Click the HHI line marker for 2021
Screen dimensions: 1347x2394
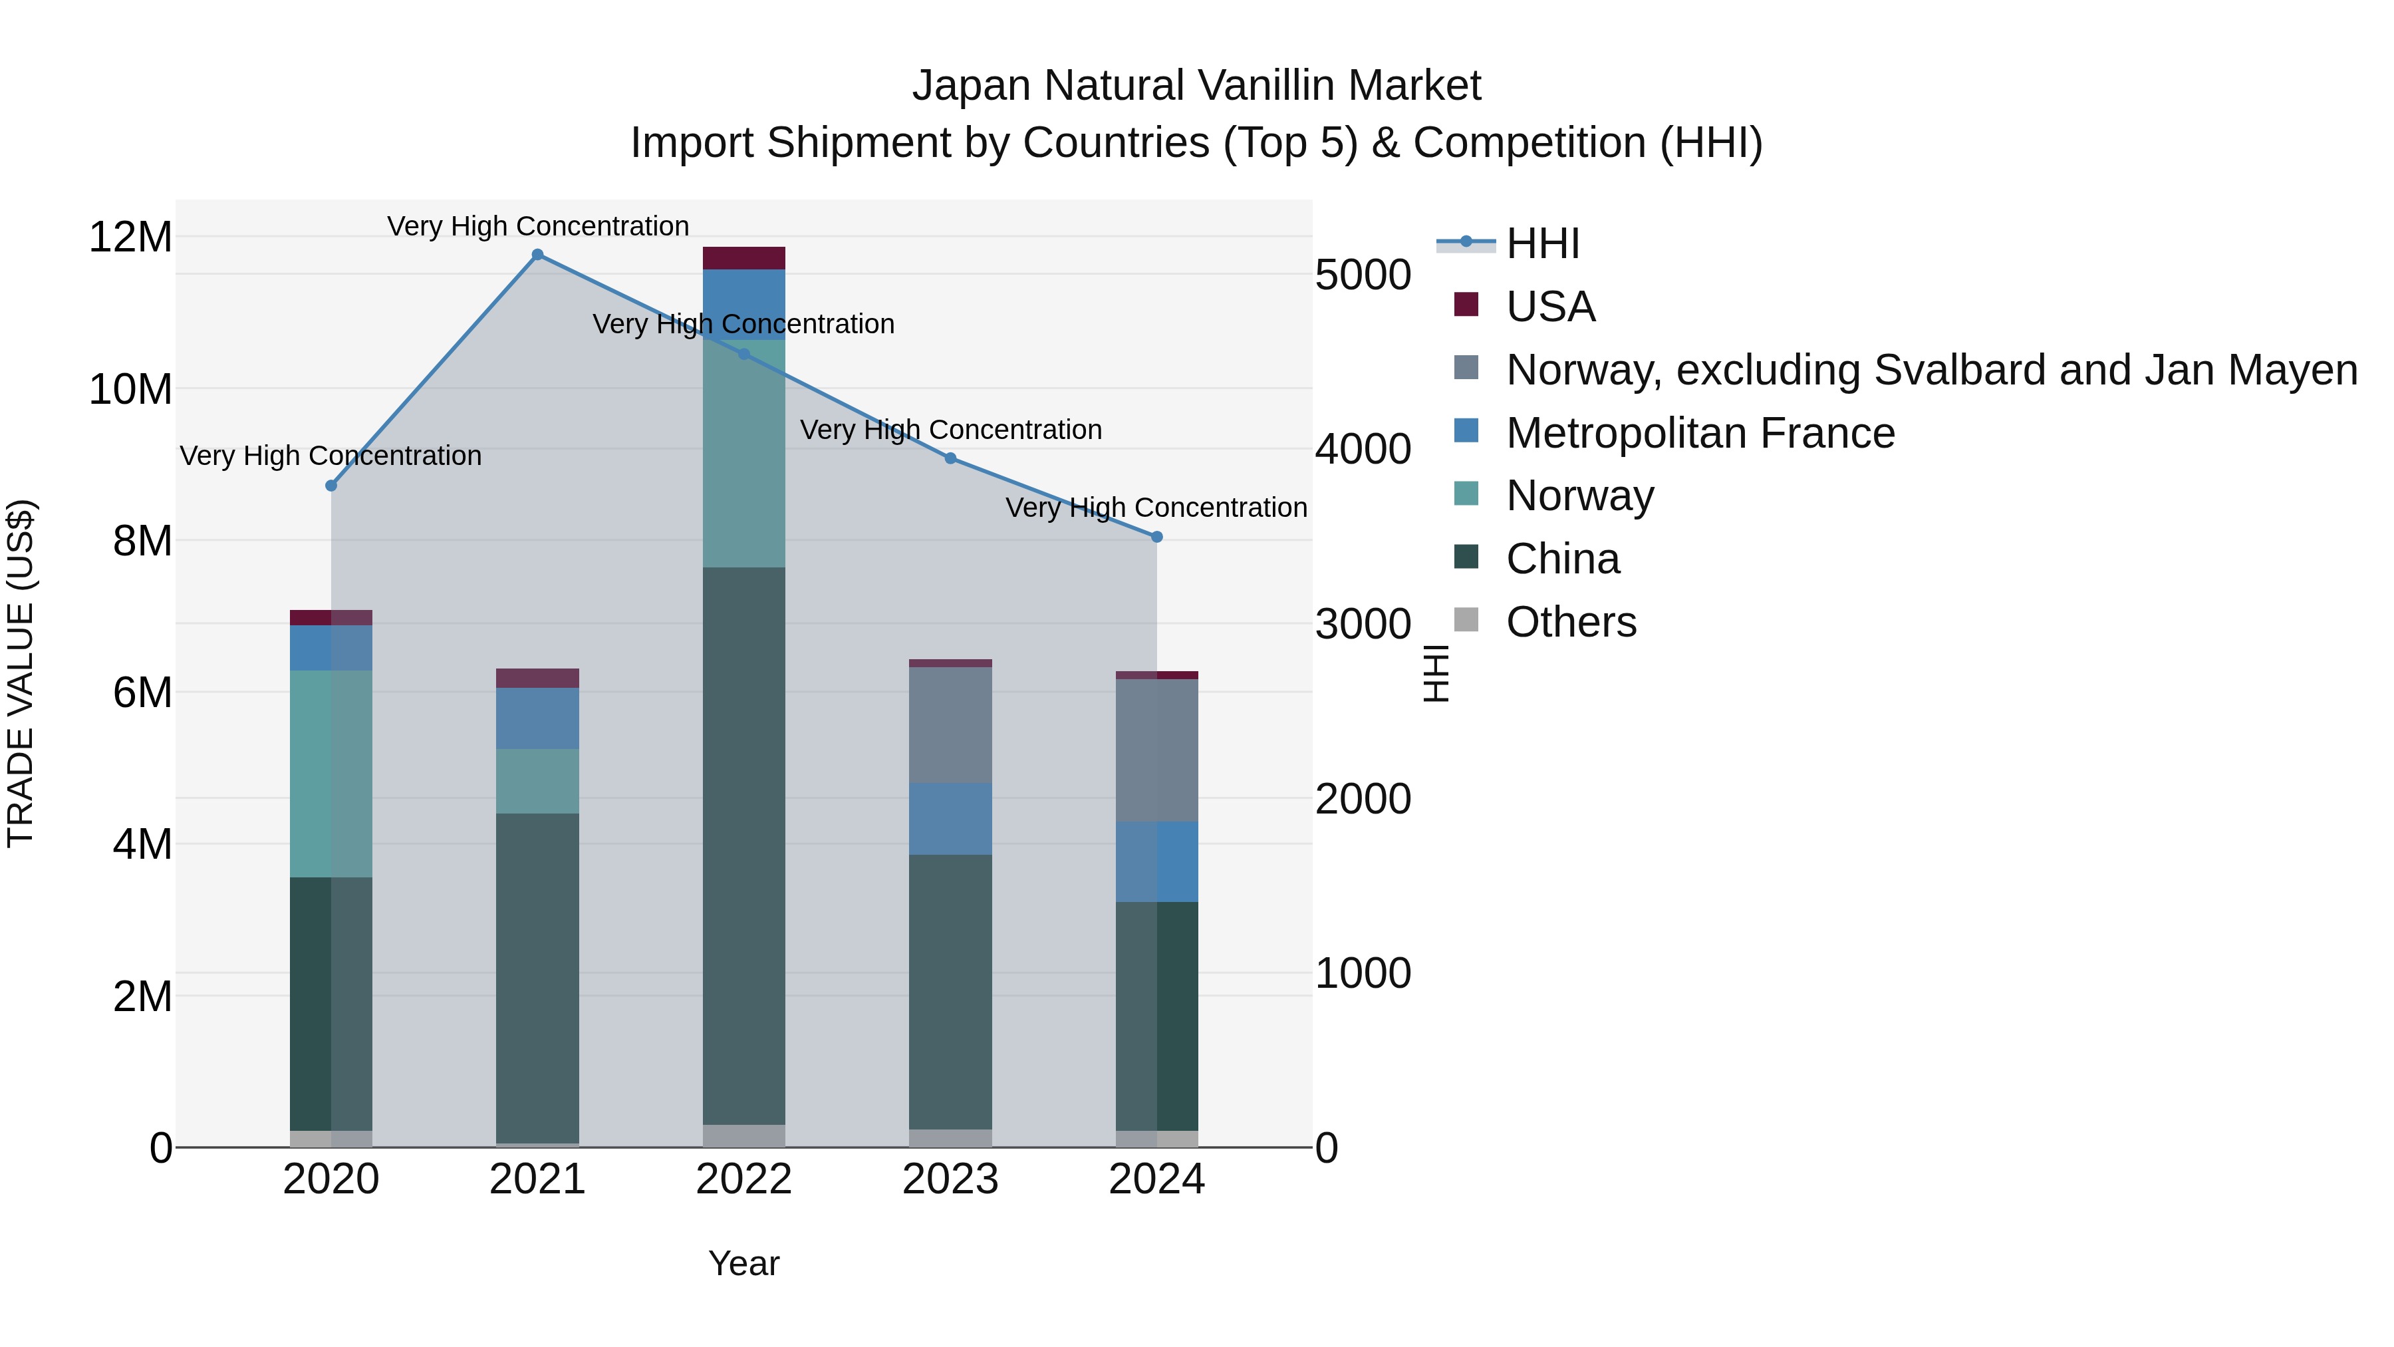point(537,255)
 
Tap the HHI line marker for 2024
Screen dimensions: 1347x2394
point(1157,537)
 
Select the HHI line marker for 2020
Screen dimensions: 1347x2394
point(331,486)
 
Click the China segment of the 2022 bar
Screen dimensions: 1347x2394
point(743,846)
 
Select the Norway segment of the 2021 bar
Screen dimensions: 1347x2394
point(537,781)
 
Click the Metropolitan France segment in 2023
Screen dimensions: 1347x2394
point(950,818)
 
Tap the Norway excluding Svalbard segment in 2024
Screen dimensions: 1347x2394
point(1157,750)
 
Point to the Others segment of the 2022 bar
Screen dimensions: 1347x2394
point(743,1136)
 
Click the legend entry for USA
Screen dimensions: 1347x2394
point(1550,307)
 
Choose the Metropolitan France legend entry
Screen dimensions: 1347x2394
point(1700,433)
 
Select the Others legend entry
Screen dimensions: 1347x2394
point(1571,622)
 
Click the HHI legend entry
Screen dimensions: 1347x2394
point(1543,243)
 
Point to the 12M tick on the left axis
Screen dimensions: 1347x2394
point(130,237)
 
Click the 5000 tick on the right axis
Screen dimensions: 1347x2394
point(1363,275)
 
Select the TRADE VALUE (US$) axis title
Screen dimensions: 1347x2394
point(21,673)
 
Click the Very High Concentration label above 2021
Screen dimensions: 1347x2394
point(537,226)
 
